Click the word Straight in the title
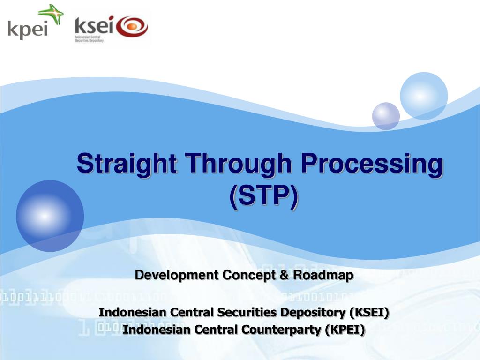pyautogui.click(x=128, y=165)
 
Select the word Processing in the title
pyautogui.click(x=371, y=165)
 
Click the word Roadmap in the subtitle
pyautogui.click(x=323, y=275)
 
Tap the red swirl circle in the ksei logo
pyautogui.click(x=132, y=27)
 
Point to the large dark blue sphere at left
pyautogui.click(x=50, y=216)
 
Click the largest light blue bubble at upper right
pyautogui.click(x=423, y=96)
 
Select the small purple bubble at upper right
pyautogui.click(x=386, y=116)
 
